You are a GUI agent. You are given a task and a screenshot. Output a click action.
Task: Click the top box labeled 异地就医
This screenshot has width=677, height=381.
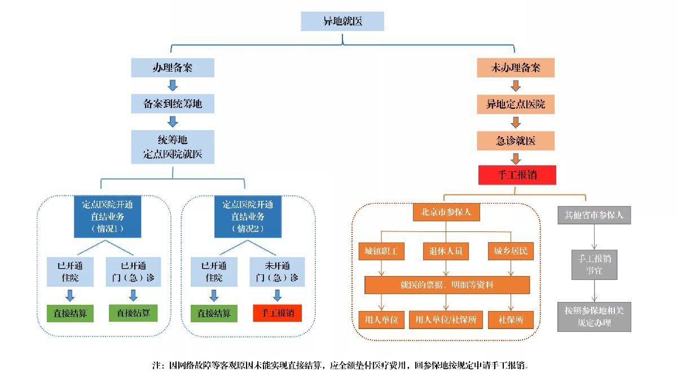pos(342,21)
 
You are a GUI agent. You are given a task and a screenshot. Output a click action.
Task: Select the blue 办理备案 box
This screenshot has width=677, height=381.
pos(173,68)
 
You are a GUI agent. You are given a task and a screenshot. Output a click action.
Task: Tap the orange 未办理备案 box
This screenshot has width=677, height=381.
pos(516,68)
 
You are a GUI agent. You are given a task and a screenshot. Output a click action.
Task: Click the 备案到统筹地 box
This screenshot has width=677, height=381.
pos(173,104)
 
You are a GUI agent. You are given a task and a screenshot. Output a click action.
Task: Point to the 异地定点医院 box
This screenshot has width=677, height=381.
pos(516,104)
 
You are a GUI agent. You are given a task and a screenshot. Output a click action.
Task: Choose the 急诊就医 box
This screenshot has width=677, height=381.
pos(516,140)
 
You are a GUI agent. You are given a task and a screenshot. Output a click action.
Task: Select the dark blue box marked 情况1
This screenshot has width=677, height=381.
pos(107,217)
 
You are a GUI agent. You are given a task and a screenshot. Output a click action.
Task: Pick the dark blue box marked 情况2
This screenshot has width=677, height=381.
pos(248,217)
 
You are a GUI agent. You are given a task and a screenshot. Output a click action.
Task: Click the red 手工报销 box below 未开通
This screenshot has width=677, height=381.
pos(278,313)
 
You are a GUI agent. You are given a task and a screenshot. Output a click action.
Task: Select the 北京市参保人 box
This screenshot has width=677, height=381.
pos(446,213)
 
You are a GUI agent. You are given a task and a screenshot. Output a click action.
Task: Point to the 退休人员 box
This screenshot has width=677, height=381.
pos(446,251)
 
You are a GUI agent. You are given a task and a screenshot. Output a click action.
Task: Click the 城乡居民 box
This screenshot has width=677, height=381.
pos(511,251)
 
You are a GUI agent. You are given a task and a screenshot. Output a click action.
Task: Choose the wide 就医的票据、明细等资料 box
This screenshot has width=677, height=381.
pos(447,285)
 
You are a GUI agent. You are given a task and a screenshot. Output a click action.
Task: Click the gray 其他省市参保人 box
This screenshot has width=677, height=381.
pos(594,214)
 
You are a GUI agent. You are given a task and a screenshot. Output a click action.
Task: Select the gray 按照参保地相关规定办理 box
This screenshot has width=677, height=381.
pos(594,318)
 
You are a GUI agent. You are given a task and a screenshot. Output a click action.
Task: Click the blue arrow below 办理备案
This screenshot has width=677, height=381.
pos(173,86)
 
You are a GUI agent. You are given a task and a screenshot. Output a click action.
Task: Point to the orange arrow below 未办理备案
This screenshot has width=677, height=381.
pos(516,86)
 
